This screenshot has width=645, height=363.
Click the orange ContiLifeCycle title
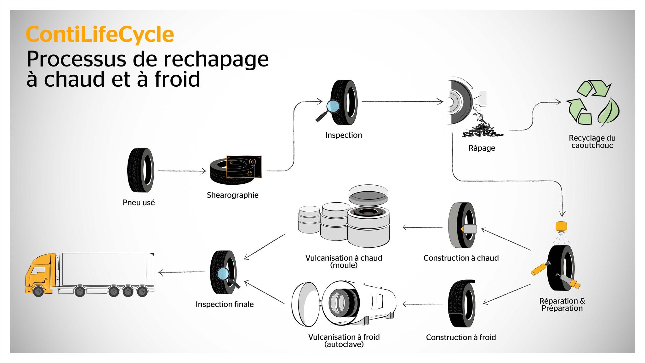coord(100,34)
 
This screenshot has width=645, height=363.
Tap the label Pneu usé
coord(139,203)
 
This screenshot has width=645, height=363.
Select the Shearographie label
coord(232,195)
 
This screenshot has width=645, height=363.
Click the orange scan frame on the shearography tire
coord(244,166)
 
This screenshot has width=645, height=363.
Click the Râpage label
coord(482,148)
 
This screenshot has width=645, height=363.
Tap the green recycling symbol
coord(592,102)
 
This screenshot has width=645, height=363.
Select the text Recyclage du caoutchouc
coord(592,142)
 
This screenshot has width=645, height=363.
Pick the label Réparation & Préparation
coord(562,305)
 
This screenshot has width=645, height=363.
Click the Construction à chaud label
coord(461,258)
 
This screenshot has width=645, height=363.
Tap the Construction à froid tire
coord(461,303)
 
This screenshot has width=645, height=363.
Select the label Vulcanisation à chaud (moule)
coord(344,262)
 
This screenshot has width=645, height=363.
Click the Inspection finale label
coord(225,304)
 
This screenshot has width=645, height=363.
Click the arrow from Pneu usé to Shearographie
coord(182,171)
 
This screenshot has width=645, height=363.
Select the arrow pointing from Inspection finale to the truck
coord(182,272)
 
